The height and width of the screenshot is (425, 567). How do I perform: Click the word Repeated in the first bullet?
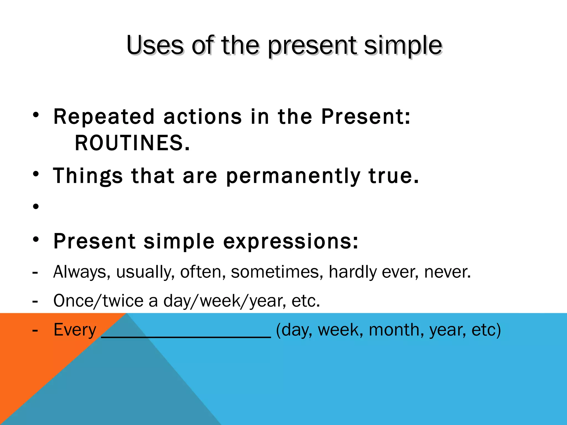coord(104,116)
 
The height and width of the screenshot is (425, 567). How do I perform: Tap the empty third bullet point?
coord(36,206)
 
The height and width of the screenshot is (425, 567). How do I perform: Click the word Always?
coord(80,272)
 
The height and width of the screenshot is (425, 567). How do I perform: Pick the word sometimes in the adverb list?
coord(275,272)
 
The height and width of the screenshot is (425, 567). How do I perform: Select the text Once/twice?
coord(98,301)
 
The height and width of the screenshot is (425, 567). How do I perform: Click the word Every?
coord(75,330)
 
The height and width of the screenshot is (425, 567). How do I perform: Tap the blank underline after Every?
coord(186,335)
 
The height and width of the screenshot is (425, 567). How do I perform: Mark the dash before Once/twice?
coord(35,301)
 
